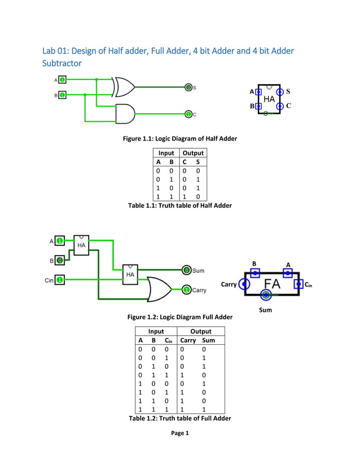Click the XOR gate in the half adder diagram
pyautogui.click(x=124, y=87)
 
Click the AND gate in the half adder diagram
pyautogui.click(x=125, y=114)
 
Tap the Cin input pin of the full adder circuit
pyautogui.click(x=60, y=279)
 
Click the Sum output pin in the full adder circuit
pyautogui.click(x=187, y=271)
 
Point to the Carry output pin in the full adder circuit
pyautogui.click(x=187, y=290)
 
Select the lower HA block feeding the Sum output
pyautogui.click(x=130, y=274)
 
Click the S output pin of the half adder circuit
pyautogui.click(x=188, y=87)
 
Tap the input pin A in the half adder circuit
pyautogui.click(x=62, y=80)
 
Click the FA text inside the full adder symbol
pyautogui.click(x=272, y=284)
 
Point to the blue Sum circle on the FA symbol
pyautogui.click(x=266, y=295)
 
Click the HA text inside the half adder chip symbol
pyautogui.click(x=269, y=99)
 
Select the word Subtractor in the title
pyautogui.click(x=62, y=63)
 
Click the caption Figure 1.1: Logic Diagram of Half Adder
pyautogui.click(x=180, y=138)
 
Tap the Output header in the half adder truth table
pyautogui.click(x=192, y=153)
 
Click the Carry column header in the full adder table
pyautogui.click(x=187, y=340)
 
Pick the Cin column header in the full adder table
pyautogui.click(x=168, y=340)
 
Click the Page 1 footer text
pyautogui.click(x=180, y=433)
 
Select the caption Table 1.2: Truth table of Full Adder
pyautogui.click(x=179, y=418)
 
